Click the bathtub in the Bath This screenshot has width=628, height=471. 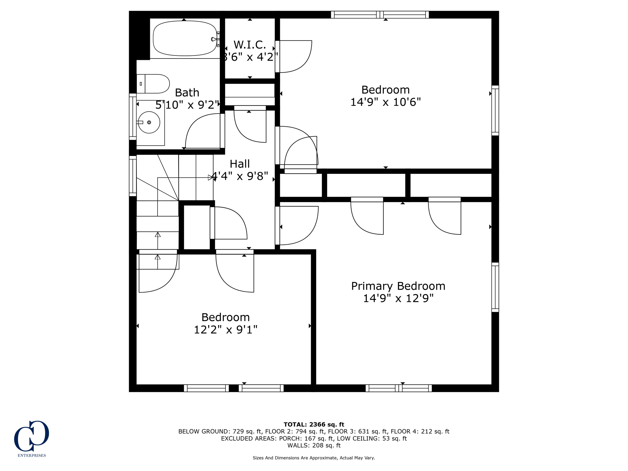tap(185, 38)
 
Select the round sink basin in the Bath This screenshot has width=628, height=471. tap(149, 122)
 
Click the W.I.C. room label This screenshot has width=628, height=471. tap(250, 45)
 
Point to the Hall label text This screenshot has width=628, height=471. tap(239, 164)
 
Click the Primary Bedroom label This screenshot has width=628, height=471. tap(398, 286)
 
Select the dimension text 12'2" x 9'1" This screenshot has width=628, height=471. tap(225, 330)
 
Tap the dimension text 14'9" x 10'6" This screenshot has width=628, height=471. tap(385, 102)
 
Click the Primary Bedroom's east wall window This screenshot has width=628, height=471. tap(495, 287)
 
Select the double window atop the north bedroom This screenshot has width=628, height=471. tap(380, 14)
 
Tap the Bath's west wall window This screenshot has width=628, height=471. tap(132, 117)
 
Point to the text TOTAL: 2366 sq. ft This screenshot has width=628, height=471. tap(314, 424)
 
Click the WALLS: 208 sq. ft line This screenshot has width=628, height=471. tap(314, 445)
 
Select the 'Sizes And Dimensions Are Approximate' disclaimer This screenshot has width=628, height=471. tap(314, 458)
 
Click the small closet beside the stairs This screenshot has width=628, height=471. tap(197, 227)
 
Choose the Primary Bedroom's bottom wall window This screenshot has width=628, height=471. tap(398, 388)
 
